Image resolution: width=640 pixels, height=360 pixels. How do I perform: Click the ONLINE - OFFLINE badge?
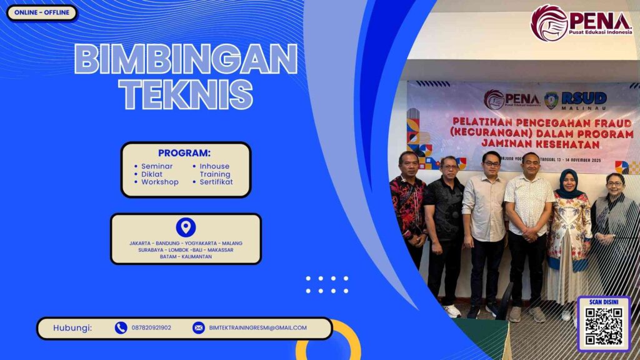(x=42, y=12)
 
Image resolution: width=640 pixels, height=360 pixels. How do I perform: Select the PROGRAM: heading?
(x=184, y=153)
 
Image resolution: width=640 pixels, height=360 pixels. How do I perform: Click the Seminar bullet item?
(x=157, y=166)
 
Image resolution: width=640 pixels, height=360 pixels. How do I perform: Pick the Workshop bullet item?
(x=159, y=182)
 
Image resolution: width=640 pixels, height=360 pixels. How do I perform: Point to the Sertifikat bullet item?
(x=216, y=182)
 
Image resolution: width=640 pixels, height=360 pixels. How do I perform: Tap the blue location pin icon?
(x=186, y=227)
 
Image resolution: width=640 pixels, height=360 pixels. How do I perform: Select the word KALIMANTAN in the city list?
(x=197, y=256)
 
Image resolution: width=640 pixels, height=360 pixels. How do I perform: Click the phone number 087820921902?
(x=151, y=327)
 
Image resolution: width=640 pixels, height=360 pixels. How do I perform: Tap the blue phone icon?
(x=121, y=327)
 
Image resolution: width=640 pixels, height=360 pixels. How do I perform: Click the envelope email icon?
(x=198, y=327)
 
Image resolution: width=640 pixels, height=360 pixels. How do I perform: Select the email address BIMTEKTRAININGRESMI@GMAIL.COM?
(x=257, y=327)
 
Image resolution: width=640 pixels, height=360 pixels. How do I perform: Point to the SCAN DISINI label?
(x=603, y=302)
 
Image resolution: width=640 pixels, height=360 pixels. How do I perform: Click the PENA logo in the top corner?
(x=581, y=22)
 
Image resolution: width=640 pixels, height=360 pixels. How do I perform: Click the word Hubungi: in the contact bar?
(x=72, y=327)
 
